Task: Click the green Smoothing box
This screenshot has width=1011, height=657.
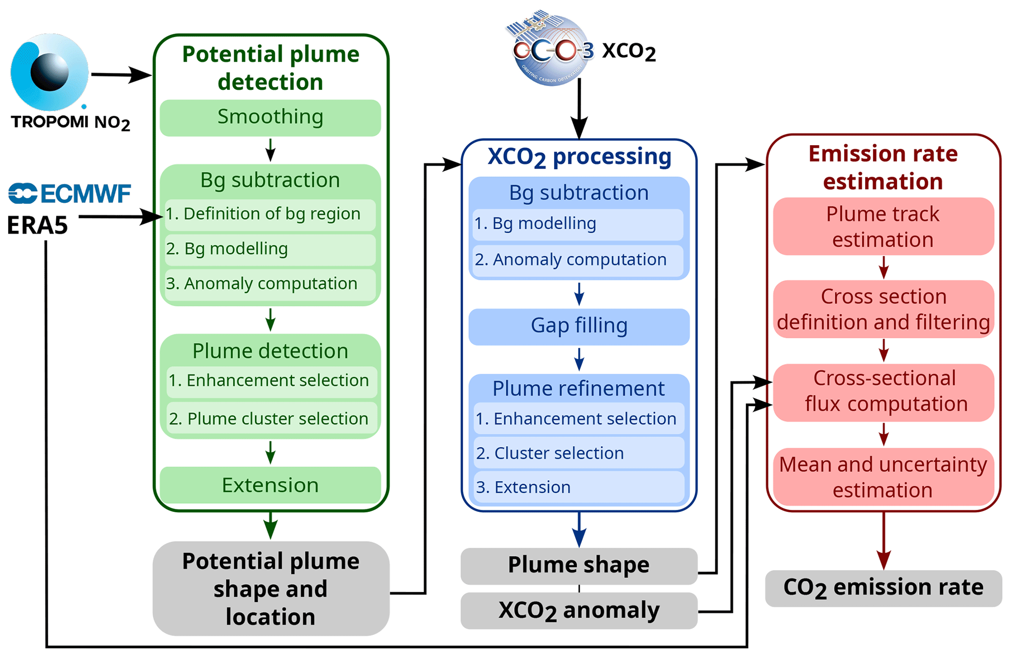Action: point(270,118)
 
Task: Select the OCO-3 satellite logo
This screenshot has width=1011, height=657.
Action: point(550,49)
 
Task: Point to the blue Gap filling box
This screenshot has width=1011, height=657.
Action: point(579,326)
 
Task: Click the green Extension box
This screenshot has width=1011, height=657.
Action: point(270,485)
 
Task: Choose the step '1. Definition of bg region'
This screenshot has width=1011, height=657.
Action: point(270,214)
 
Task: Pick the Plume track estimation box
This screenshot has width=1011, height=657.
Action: point(883,226)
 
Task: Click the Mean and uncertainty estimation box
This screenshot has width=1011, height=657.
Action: point(883,477)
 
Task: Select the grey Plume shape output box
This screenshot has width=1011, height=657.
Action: point(579,565)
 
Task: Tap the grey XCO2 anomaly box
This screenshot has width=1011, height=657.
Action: point(579,611)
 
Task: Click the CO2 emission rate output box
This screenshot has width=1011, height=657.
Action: point(883,588)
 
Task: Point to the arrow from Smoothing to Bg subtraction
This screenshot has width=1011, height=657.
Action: point(270,150)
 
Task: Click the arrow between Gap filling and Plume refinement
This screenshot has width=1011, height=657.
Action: point(579,359)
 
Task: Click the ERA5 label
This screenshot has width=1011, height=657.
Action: point(37,225)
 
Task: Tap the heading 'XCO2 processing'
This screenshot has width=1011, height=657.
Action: point(579,157)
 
